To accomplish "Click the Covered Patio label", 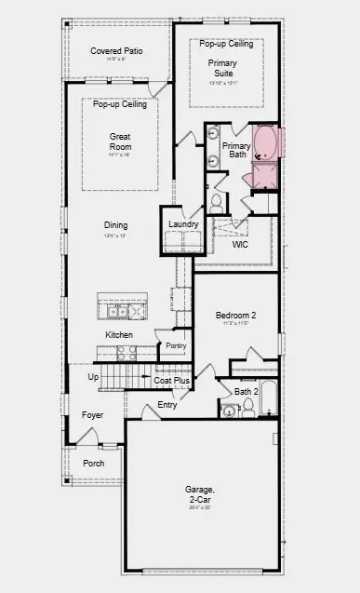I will [x=113, y=49].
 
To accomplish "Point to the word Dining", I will [x=116, y=225].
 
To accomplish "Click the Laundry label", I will [x=181, y=224].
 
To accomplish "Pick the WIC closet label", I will [x=241, y=245].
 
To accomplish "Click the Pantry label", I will [x=174, y=345].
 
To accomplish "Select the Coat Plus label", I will [x=172, y=380].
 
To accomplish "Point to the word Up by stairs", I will [x=92, y=377].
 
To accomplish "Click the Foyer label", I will [x=92, y=415].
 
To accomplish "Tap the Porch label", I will [x=93, y=463].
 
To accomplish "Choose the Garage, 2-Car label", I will [x=199, y=494].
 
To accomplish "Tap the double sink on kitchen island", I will [x=117, y=311].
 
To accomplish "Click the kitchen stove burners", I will [x=126, y=353].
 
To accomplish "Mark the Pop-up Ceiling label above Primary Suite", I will [x=227, y=44].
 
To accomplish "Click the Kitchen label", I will [x=118, y=334].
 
